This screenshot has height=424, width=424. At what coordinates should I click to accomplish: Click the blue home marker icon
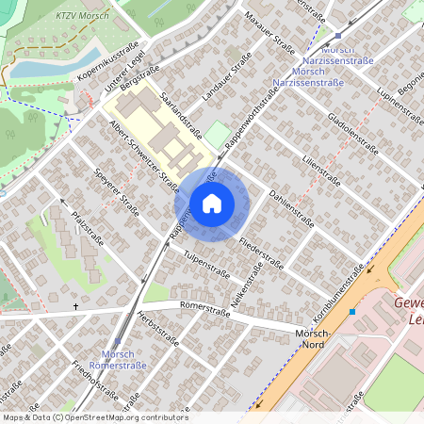click(x=212, y=204)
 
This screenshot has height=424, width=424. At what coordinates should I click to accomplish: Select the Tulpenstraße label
click(x=207, y=263)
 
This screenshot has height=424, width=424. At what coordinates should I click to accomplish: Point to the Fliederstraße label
click(x=261, y=253)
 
